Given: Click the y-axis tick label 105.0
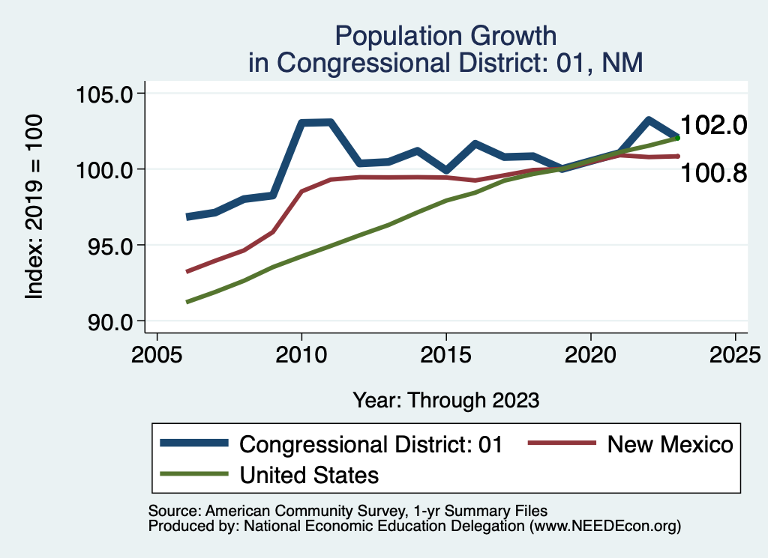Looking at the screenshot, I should point(105,94).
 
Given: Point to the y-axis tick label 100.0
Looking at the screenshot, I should point(105,170).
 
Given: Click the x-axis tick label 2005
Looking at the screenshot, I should point(157,354).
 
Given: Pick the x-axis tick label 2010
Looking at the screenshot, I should point(301,354).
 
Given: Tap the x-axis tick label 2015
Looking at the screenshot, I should point(446,354).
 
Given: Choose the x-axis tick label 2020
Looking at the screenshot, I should point(591,354).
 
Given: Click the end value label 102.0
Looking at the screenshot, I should point(713,125).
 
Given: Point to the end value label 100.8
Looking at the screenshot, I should point(713,174).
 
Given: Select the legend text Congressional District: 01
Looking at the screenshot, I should point(370,444).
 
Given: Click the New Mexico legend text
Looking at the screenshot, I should point(670,444).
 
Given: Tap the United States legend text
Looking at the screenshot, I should point(309,474).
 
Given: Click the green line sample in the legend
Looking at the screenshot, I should point(193,474).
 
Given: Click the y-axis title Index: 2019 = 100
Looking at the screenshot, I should point(34,207).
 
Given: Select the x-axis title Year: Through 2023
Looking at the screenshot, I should point(446,400).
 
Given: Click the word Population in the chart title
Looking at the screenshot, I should point(382,35).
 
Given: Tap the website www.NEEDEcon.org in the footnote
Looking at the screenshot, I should point(604,526).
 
